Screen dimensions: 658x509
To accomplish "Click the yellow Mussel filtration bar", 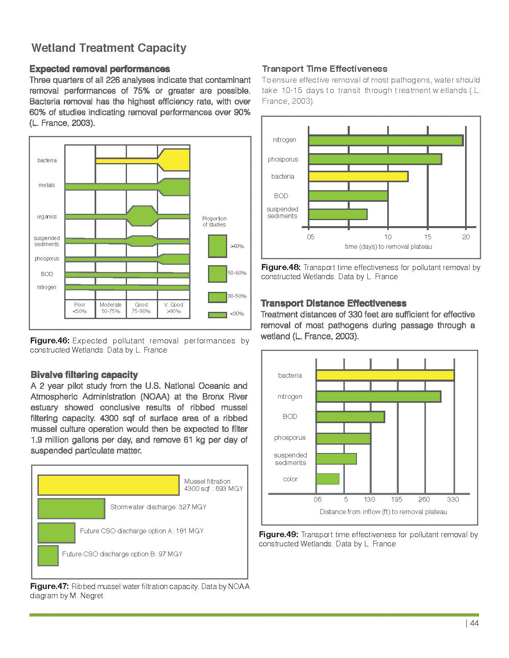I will coord(108,485).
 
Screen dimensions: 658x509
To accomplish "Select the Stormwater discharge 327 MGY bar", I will coord(71,508).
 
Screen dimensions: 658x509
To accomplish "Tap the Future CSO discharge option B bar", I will coord(48,556).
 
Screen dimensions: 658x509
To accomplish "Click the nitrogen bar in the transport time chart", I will coord(386,140).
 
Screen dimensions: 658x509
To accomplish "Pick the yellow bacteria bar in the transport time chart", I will coord(358,176).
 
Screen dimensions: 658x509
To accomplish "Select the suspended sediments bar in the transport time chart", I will coord(338,214).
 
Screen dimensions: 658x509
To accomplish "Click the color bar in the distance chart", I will coord(327,479).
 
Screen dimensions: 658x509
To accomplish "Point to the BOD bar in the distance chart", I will coord(350,417).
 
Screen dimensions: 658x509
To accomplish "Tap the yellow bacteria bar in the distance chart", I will coord(385,375).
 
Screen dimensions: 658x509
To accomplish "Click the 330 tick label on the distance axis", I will coord(453,499).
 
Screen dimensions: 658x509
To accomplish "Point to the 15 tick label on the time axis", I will coord(428,237).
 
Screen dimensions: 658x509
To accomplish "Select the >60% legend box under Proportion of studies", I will coord(218,246).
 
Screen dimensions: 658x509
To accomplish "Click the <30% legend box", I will coord(218,315).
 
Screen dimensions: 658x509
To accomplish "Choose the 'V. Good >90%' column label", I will coord(174,308).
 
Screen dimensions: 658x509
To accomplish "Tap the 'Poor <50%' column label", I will coord(80,308).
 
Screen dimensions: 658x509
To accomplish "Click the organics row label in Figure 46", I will coord(47,217).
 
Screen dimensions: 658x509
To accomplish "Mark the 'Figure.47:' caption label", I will coord(50,586).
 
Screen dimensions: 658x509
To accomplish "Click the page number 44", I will coord(474,623).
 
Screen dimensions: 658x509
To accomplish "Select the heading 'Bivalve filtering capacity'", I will coord(84,375).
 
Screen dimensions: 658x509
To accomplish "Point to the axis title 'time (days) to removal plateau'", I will coord(388,246).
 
